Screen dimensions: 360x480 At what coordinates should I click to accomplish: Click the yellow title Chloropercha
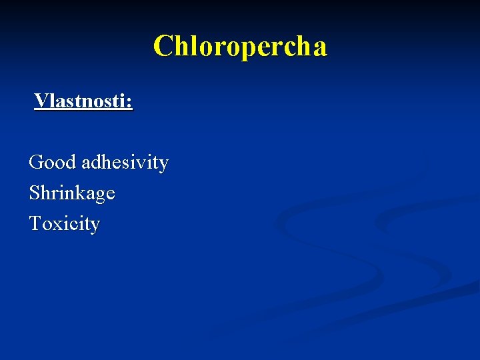(x=240, y=47)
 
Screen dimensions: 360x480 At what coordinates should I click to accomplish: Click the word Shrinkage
(x=72, y=193)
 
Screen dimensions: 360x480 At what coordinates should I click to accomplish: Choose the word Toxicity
(x=65, y=224)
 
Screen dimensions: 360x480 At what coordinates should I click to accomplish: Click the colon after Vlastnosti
(x=130, y=103)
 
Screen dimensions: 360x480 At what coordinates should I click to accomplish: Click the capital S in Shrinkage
(x=35, y=193)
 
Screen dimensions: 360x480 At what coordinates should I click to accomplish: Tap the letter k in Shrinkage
(x=79, y=193)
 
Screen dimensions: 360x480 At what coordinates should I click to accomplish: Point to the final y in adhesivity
(x=163, y=164)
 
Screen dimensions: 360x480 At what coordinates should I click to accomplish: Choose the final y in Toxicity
(x=95, y=226)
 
